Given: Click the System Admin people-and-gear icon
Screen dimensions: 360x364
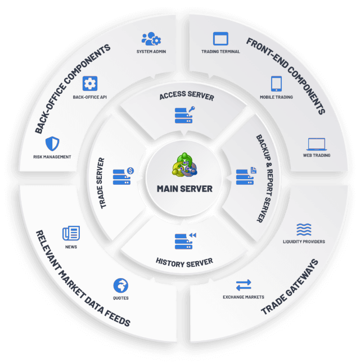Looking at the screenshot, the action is click(151, 39).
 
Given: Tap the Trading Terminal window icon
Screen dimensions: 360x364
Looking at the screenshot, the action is click(220, 39).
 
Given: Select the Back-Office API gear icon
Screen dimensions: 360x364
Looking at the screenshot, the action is click(90, 83).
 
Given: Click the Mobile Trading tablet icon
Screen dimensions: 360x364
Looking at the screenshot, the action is click(276, 84).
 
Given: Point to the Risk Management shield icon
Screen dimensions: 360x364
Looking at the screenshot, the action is click(52, 144).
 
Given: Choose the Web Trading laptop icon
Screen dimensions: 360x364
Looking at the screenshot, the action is click(317, 144).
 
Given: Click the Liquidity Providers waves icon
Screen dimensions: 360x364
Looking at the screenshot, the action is click(304, 230).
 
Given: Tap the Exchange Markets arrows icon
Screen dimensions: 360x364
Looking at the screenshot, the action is click(244, 285).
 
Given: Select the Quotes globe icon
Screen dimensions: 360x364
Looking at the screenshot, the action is click(120, 285).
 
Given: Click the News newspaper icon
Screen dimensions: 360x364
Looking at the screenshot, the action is click(71, 233).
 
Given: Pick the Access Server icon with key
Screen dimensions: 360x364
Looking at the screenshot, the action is click(184, 115).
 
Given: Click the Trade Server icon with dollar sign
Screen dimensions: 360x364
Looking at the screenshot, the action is click(123, 176).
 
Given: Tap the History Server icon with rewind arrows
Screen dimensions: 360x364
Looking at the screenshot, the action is click(186, 241).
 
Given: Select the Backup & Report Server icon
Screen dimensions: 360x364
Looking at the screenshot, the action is click(246, 176).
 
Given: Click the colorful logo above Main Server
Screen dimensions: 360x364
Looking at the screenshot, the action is click(184, 165).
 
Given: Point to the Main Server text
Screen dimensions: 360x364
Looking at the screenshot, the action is click(184, 189).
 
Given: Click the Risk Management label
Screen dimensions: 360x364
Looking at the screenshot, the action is click(52, 157).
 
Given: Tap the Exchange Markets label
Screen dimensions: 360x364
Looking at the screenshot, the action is click(244, 297).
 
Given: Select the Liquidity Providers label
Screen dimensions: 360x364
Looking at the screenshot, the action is click(304, 242).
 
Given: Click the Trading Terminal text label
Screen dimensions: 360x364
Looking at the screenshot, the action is click(220, 52).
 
